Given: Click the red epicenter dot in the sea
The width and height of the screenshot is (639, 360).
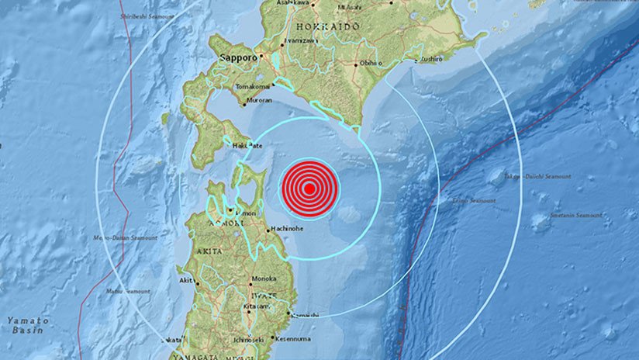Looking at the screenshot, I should [x=309, y=188].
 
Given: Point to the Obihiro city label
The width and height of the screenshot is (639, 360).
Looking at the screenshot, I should [x=372, y=64].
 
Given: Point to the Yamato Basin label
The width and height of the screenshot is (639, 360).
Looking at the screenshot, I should [x=28, y=325].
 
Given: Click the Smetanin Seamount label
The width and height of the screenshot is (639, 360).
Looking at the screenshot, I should [x=575, y=215].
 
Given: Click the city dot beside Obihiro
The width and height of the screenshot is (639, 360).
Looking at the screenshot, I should [x=356, y=64].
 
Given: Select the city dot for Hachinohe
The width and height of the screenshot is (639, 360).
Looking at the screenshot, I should [x=268, y=230].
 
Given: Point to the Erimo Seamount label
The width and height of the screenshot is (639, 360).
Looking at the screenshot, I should [x=474, y=200].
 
